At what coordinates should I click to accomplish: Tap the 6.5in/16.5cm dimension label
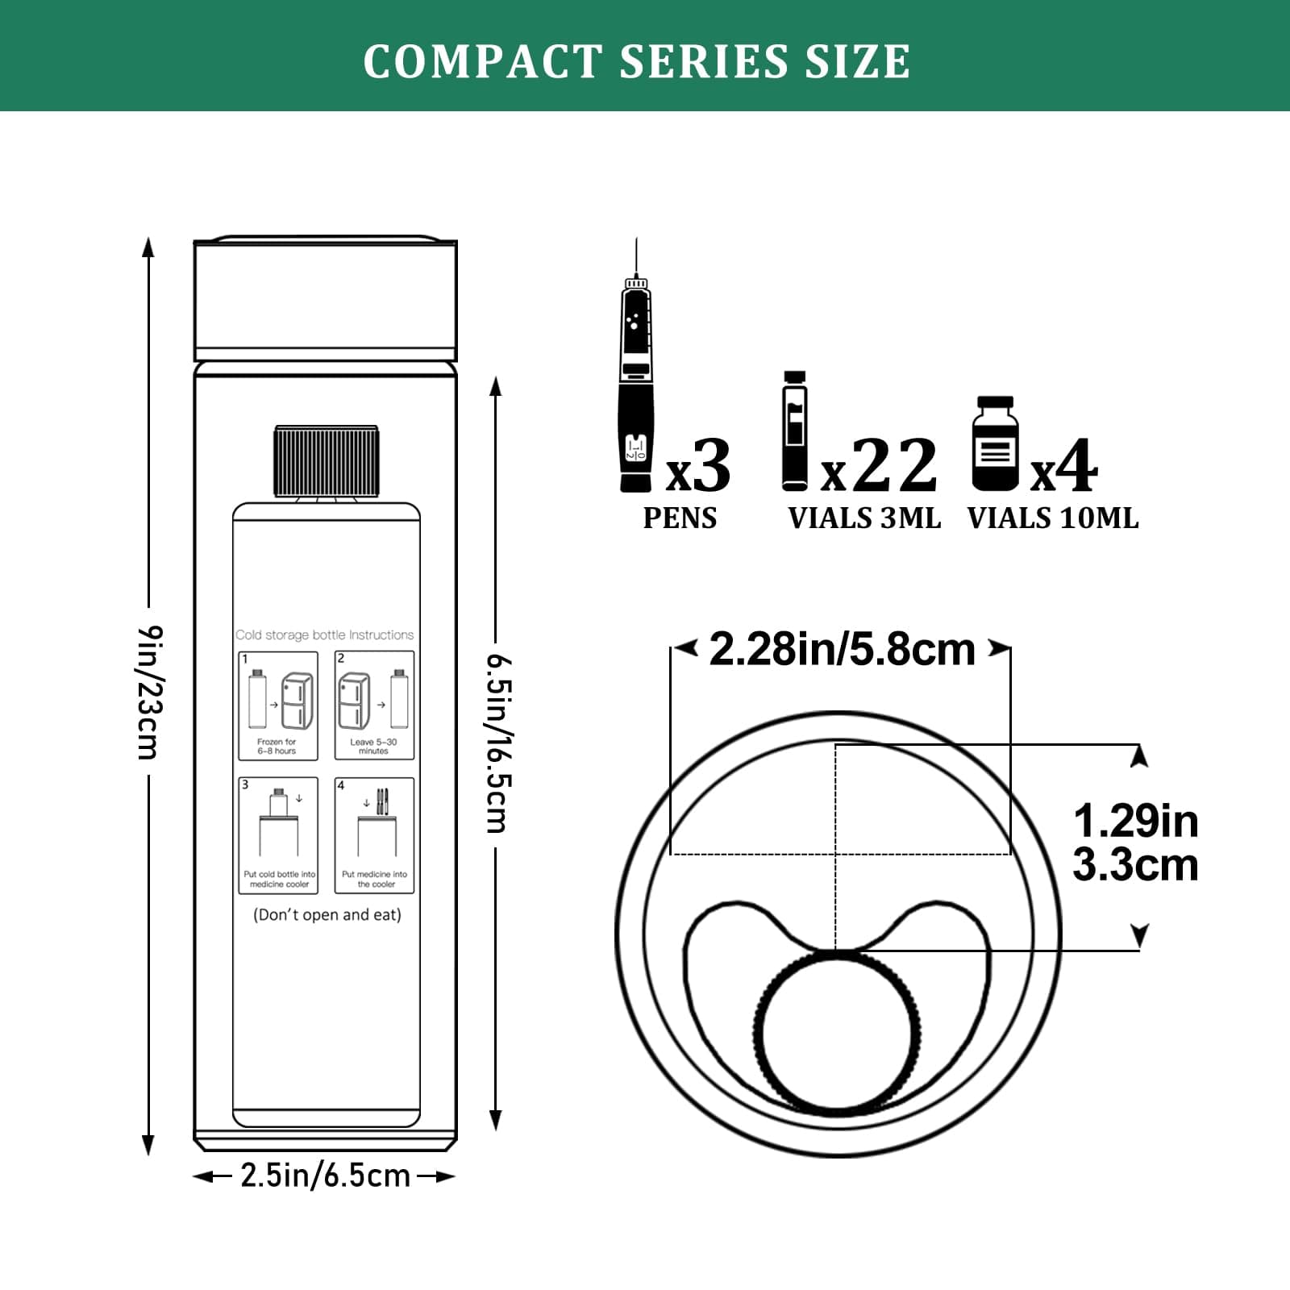[x=497, y=743]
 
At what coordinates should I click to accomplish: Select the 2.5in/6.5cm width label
[x=326, y=1176]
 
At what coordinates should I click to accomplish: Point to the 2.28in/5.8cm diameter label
[x=842, y=650]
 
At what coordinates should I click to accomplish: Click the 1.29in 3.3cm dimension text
[x=1135, y=843]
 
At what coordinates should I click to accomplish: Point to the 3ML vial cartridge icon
[x=794, y=431]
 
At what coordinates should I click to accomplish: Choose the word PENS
[x=680, y=518]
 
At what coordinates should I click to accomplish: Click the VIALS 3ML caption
[x=864, y=518]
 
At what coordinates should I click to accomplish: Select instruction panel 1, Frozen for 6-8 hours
[x=278, y=705]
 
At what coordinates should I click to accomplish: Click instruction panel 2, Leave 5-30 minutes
[x=374, y=705]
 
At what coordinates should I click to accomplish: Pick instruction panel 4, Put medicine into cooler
[x=374, y=835]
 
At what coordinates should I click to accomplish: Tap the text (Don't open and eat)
[x=327, y=915]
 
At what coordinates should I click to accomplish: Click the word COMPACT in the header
[x=482, y=61]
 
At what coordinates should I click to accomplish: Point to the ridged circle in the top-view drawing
[x=837, y=1029]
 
